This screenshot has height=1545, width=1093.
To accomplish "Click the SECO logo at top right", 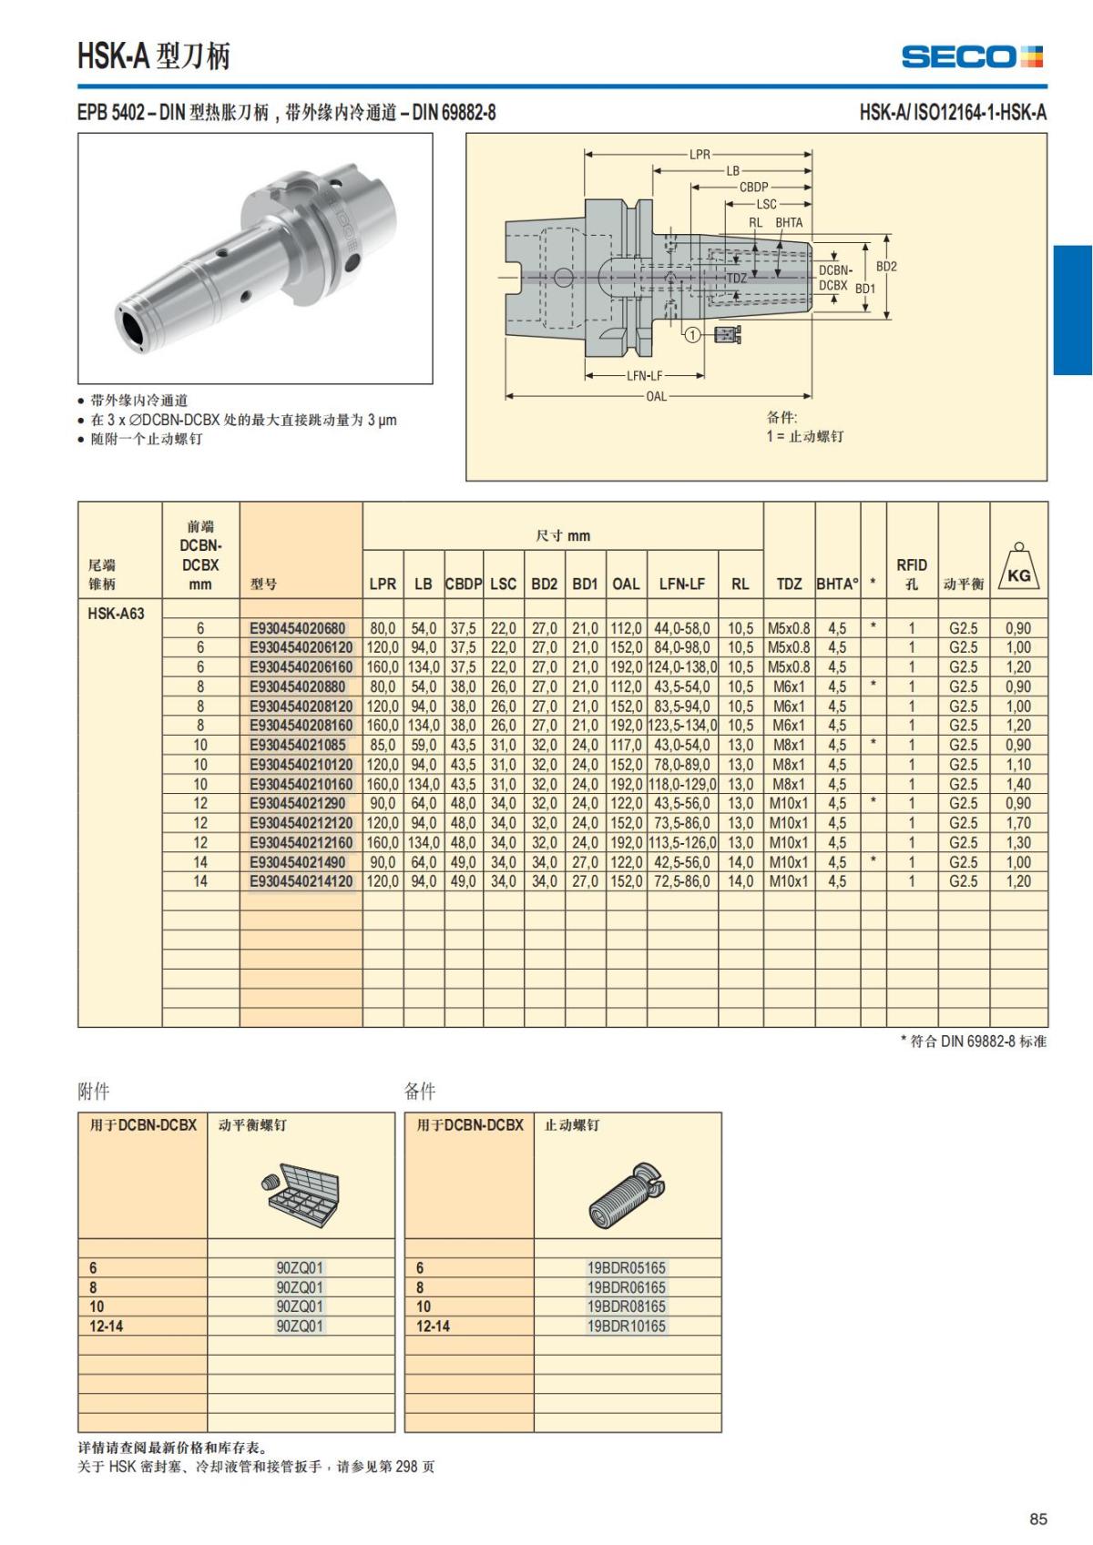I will tap(972, 57).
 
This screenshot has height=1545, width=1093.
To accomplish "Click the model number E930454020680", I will tap(298, 628).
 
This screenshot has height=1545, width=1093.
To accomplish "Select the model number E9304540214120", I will tap(301, 881).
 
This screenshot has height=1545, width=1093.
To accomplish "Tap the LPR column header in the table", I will tap(383, 584).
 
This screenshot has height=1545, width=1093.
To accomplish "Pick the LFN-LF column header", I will tap(682, 584).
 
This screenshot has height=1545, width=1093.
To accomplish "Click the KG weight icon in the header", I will tap(1018, 568).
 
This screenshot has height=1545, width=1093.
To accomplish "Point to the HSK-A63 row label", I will tap(116, 613).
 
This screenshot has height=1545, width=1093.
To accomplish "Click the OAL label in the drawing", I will tap(656, 396).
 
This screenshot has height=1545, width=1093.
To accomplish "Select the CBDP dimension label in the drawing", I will tap(753, 187).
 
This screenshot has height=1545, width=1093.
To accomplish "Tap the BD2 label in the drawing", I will tap(886, 267).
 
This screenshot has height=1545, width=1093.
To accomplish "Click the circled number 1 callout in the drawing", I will tap(692, 335).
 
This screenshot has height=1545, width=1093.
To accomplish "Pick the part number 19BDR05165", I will tap(627, 1267).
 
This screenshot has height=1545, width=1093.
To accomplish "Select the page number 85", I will tap(1037, 1519).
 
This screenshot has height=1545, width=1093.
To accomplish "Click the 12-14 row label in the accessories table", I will tap(106, 1326).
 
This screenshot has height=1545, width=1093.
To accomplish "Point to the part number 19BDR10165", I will tap(627, 1326).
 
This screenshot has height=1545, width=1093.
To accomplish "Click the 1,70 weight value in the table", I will tap(1018, 823).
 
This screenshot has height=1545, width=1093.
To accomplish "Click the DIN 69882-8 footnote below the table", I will tap(974, 1041).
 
